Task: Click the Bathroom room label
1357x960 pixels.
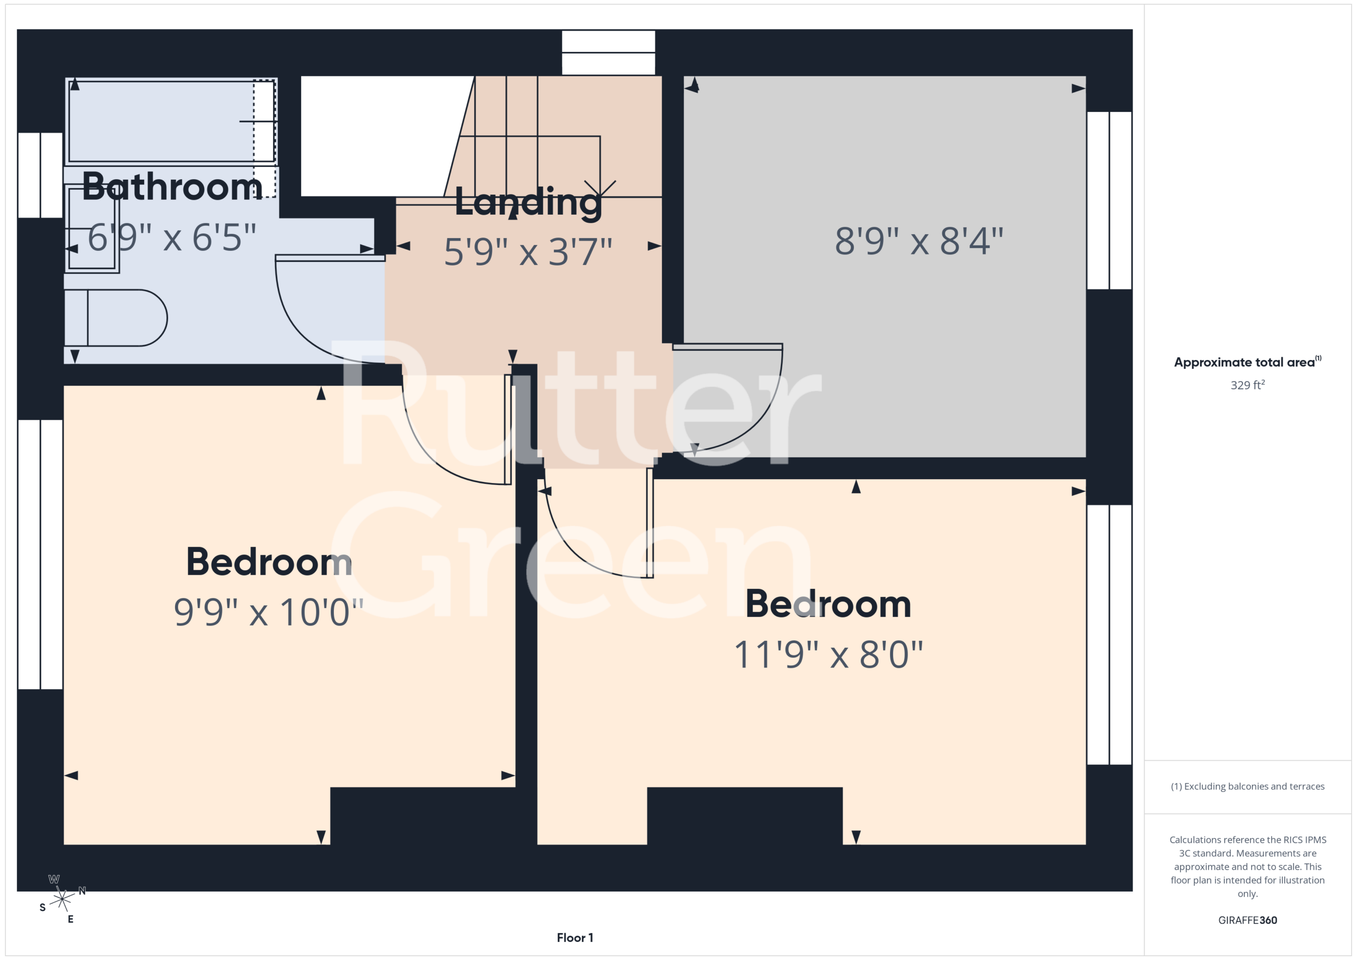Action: (x=172, y=186)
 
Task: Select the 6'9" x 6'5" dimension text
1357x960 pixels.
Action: (x=172, y=237)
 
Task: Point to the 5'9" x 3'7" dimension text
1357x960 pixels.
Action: (x=528, y=252)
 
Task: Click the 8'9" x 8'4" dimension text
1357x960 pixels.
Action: (x=919, y=241)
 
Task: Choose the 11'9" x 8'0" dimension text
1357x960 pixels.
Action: (x=828, y=654)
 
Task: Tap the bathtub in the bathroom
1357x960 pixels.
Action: (x=171, y=122)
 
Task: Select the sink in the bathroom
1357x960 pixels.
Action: (x=92, y=228)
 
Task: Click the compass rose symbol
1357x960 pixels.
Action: (x=62, y=899)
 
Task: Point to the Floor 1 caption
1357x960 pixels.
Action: (x=575, y=938)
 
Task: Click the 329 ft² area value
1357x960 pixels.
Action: (x=1247, y=385)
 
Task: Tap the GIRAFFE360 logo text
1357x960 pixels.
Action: (x=1247, y=920)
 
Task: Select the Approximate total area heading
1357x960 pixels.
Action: (x=1247, y=362)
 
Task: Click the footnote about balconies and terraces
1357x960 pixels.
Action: (x=1247, y=786)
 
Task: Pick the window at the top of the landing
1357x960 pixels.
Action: (x=608, y=52)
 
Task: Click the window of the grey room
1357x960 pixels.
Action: (x=1109, y=200)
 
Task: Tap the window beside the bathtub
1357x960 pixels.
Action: (x=40, y=175)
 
